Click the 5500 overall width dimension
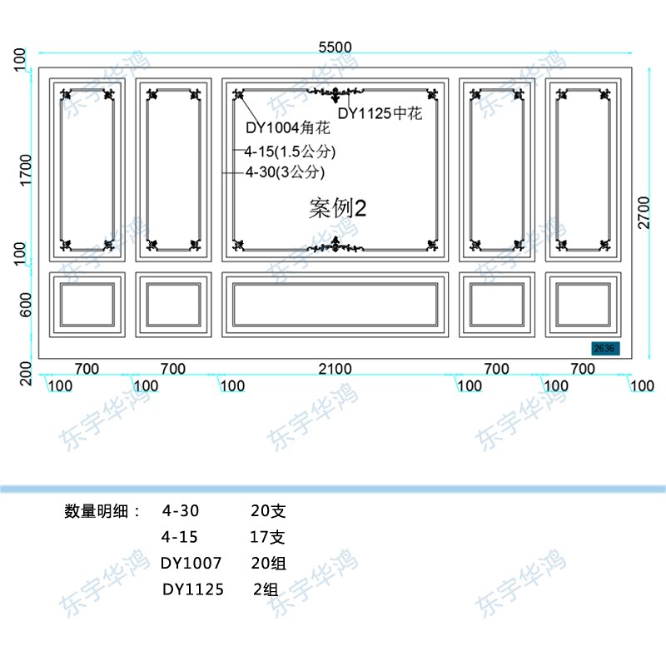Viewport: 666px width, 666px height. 335,47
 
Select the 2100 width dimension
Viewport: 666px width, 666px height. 335,369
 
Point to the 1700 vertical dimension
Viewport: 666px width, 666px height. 24,171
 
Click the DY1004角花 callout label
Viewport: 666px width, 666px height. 287,129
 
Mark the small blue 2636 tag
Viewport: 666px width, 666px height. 603,349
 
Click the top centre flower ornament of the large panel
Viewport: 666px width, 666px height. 335,92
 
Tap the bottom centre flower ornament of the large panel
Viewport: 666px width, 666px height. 335,244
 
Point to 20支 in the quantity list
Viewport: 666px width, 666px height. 268,510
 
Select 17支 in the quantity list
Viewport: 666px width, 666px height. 267,537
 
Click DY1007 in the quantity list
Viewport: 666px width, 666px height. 191,564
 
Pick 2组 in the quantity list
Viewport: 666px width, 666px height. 266,589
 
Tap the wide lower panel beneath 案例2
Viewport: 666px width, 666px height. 335,304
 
